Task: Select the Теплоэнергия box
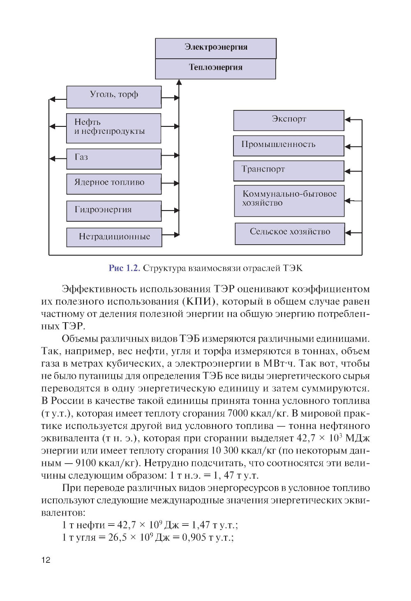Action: (x=215, y=69)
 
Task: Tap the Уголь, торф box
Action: (x=114, y=97)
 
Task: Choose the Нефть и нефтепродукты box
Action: (x=113, y=128)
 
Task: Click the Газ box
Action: (x=114, y=159)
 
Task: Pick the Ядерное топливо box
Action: (x=114, y=184)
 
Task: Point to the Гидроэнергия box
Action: (x=114, y=211)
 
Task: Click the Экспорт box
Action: (x=289, y=120)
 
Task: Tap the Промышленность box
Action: (x=289, y=146)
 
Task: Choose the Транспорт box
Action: (x=289, y=171)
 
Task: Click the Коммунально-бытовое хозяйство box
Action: (x=289, y=201)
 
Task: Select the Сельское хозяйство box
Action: (x=290, y=234)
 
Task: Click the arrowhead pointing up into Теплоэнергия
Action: (x=179, y=82)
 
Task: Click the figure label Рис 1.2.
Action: (x=125, y=268)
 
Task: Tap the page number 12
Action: (x=46, y=560)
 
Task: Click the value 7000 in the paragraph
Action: (x=237, y=413)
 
